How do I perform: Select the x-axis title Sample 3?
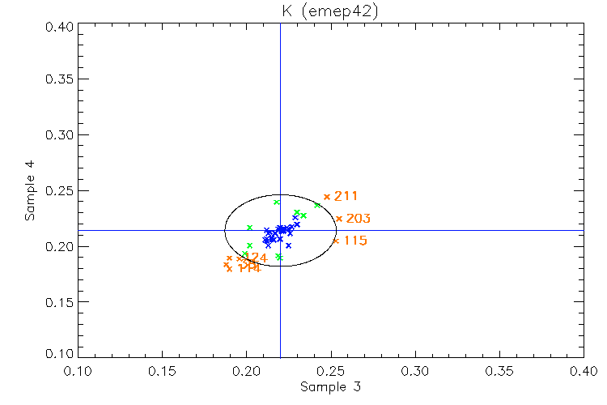coord(330,387)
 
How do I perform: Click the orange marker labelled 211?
coord(327,197)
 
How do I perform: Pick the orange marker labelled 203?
coord(339,219)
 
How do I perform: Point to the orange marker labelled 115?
coord(336,241)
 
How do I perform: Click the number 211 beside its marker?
coord(346,196)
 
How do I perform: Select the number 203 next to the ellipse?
coord(358,219)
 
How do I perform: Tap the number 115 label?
coord(355,241)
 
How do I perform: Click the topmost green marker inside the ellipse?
coord(277,202)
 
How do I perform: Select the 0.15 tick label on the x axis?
coord(162,371)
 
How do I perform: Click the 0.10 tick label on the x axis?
coord(78,371)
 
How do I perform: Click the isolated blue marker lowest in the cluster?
coord(288,245)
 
